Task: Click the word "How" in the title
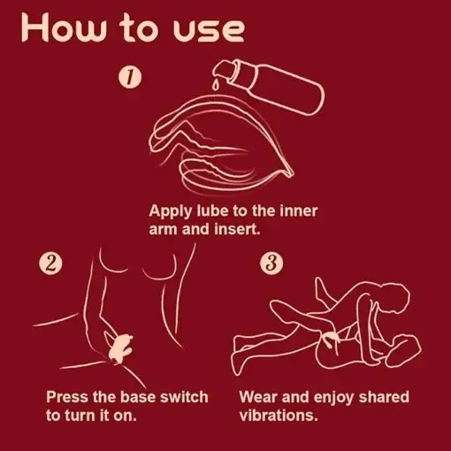coord(63,27)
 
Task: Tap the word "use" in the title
coord(209,31)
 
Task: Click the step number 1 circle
coord(130,77)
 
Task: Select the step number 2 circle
coord(50,264)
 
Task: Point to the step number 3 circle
coord(271,264)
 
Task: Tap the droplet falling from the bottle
coord(215,85)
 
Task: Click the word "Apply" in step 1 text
coord(170,211)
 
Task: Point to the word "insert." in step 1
coord(238,229)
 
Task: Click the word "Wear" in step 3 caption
coord(258,397)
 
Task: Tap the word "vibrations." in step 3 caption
coord(279,416)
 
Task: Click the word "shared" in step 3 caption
coord(384,397)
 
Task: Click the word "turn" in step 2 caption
coord(78,416)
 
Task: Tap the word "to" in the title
coord(139,28)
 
